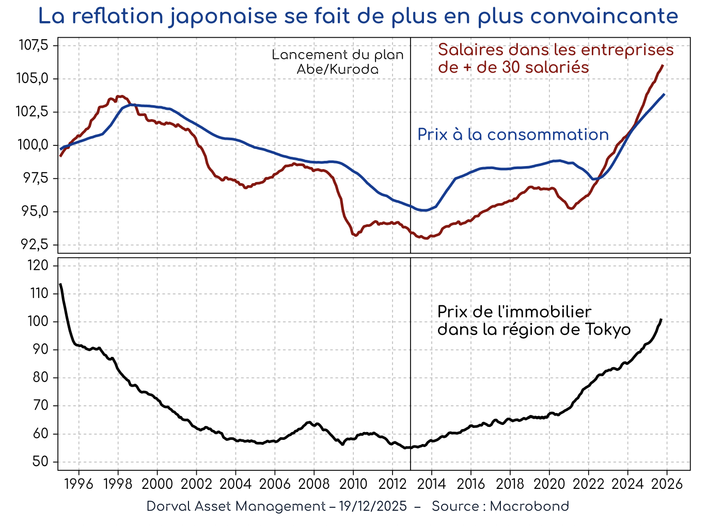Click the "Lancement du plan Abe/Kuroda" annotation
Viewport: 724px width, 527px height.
point(338,62)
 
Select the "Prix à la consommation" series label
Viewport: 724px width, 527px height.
point(513,135)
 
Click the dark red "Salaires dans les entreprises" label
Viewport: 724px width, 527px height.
point(556,51)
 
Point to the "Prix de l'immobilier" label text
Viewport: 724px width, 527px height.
point(514,312)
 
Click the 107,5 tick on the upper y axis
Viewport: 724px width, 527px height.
point(34,45)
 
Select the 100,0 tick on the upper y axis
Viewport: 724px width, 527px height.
point(34,145)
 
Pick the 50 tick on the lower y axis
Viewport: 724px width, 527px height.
point(41,462)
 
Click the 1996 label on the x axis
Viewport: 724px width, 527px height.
point(79,484)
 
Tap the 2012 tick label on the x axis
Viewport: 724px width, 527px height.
point(392,484)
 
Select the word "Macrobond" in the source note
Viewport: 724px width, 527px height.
point(529,506)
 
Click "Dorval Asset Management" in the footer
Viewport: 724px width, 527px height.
point(235,506)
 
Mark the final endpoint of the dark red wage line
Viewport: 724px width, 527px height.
point(663,65)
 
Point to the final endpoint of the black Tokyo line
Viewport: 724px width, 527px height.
point(661,319)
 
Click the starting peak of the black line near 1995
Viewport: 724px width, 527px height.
point(60,284)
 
